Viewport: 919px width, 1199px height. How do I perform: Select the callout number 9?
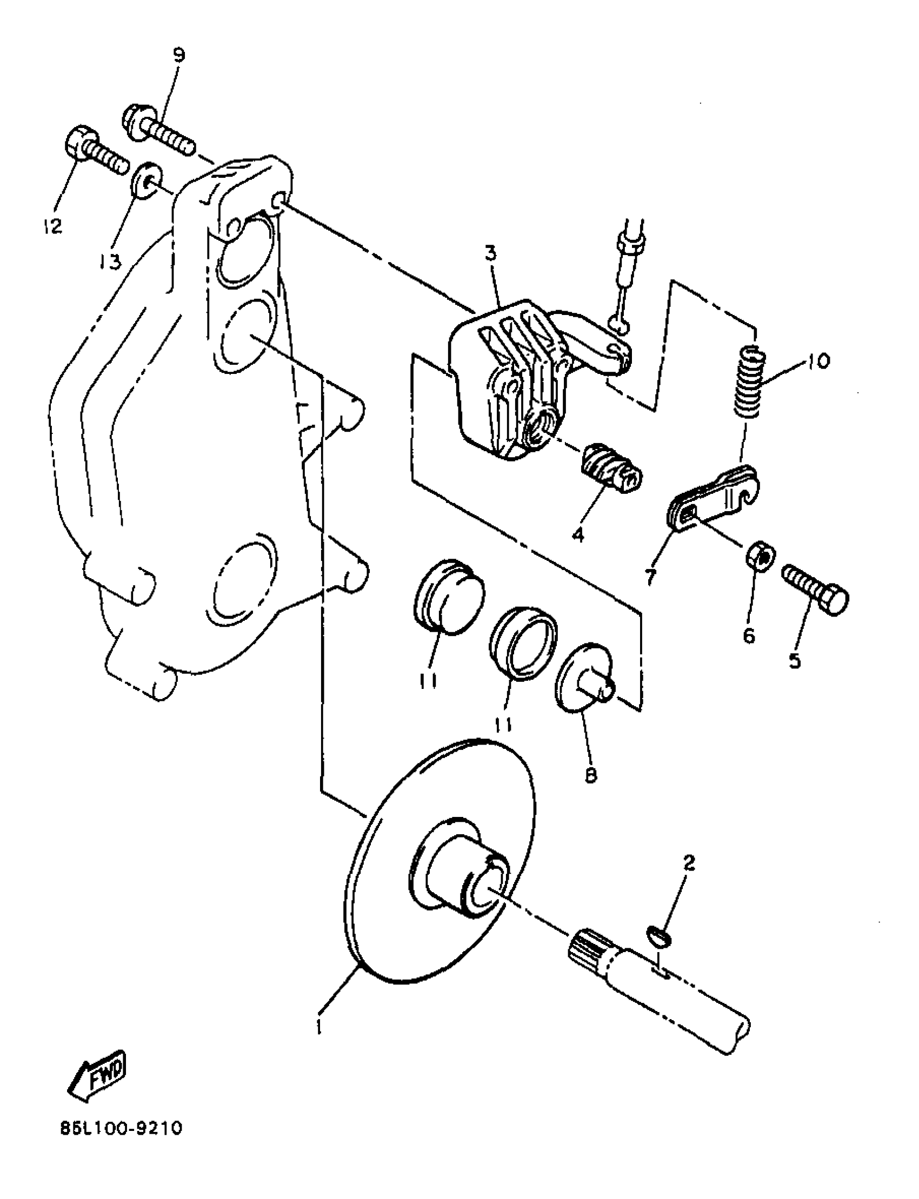(179, 55)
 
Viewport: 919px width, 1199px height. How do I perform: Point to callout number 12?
(53, 226)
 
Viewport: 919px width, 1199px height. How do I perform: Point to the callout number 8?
(590, 776)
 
